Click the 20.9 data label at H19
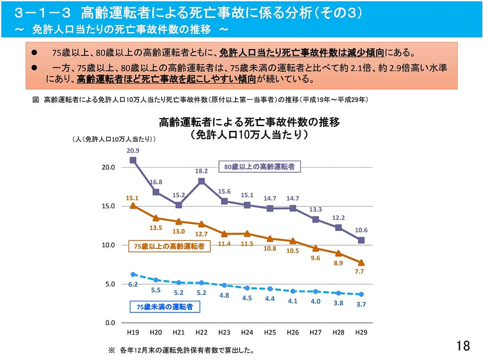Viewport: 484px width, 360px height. [x=133, y=151]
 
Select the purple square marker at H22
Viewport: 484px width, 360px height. [x=201, y=181]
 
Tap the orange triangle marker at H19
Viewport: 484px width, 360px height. [x=133, y=206]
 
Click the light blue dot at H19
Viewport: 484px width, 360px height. [x=133, y=274]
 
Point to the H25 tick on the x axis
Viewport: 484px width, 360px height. [x=270, y=333]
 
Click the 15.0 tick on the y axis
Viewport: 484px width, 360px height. [x=108, y=206]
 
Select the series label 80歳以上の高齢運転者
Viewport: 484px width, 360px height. [x=259, y=167]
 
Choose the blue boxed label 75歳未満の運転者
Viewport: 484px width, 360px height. [x=164, y=307]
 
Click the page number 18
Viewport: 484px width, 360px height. [x=464, y=346]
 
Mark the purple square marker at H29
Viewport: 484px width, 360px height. [x=361, y=240]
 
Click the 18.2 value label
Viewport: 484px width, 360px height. [x=201, y=171]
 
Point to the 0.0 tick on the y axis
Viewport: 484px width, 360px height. [x=109, y=323]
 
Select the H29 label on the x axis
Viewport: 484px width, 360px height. [x=361, y=333]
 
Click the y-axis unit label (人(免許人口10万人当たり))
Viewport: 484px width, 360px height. [x=114, y=139]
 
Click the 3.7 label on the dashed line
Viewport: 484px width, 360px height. [x=361, y=304]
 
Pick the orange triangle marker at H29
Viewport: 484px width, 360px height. [x=361, y=263]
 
